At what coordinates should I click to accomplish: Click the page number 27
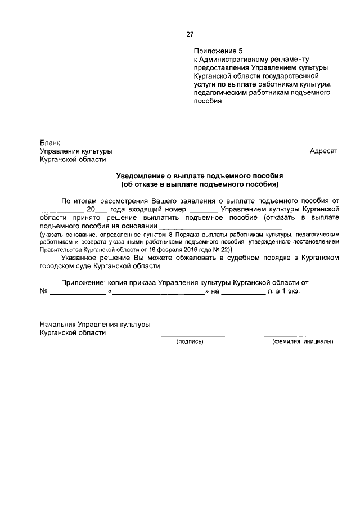190,34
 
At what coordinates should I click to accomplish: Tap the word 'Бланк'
49,143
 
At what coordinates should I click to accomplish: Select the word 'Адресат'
323,151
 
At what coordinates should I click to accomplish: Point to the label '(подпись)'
190,341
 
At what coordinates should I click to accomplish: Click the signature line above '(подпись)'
193,336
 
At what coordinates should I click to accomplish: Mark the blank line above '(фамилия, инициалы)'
300,336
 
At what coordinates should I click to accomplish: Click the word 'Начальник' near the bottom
57,325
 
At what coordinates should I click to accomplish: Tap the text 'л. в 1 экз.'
284,292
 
